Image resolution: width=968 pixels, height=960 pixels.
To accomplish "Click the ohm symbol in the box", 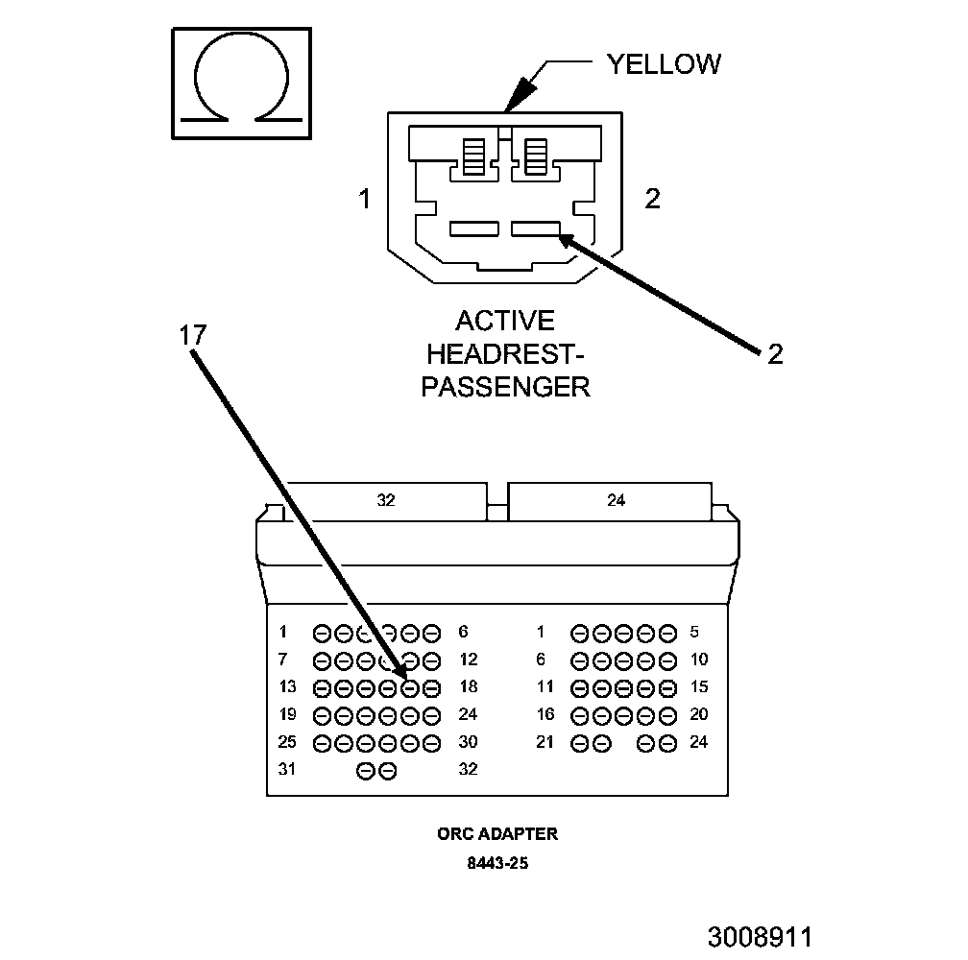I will [x=241, y=81].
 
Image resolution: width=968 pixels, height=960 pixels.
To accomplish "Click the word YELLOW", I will [x=664, y=64].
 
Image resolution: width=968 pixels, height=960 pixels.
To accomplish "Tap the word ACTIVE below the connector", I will [x=505, y=320].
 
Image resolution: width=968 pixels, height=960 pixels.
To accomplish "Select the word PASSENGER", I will [x=506, y=387].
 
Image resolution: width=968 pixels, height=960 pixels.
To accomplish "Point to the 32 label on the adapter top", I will [x=386, y=500].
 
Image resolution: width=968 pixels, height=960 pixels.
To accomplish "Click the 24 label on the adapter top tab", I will [x=616, y=500].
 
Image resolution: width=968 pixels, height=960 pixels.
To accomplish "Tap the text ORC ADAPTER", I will [x=497, y=833].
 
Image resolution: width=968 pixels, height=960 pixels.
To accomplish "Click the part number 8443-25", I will [x=497, y=863].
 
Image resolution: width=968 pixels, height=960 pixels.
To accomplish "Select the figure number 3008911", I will [x=761, y=936].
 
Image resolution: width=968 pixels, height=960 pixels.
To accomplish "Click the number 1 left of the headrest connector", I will [x=364, y=200].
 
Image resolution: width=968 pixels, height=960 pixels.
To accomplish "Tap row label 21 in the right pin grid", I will [x=545, y=742].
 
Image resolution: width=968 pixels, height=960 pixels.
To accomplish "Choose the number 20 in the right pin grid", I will [x=698, y=714].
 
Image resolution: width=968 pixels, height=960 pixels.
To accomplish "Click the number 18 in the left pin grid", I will [x=469, y=686].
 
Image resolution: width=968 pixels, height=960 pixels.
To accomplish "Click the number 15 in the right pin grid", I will [x=698, y=686].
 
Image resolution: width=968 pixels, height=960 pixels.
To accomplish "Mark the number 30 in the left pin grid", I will [x=469, y=742].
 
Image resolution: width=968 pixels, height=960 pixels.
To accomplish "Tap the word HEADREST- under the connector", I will [x=506, y=353].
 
